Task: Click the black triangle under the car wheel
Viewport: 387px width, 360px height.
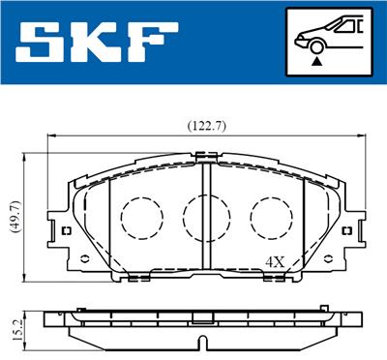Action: pyautogui.click(x=316, y=61)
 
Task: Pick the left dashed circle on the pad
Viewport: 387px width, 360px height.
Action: pyautogui.click(x=140, y=214)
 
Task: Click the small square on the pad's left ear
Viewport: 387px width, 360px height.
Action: pyautogui.click(x=65, y=231)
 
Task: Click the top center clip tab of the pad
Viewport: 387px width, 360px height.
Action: pyautogui.click(x=204, y=154)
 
